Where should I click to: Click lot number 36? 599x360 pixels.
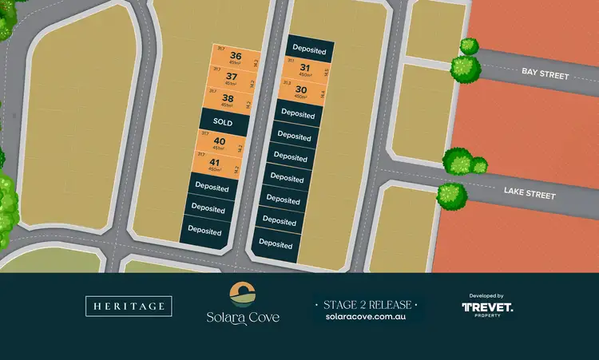(235, 56)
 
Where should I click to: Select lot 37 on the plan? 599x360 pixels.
(232, 77)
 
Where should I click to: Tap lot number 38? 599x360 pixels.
(228, 98)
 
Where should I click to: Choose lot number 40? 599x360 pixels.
(219, 142)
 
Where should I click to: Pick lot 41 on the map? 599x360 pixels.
(215, 164)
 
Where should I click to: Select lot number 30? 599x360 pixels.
(300, 89)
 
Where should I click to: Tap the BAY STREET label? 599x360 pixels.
(545, 74)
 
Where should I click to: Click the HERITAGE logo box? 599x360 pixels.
(128, 306)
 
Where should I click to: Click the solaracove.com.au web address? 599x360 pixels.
(367, 317)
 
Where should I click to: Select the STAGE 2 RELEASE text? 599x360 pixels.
(367, 304)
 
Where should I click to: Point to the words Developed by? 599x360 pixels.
(487, 295)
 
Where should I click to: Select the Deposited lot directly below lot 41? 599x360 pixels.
(211, 188)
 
